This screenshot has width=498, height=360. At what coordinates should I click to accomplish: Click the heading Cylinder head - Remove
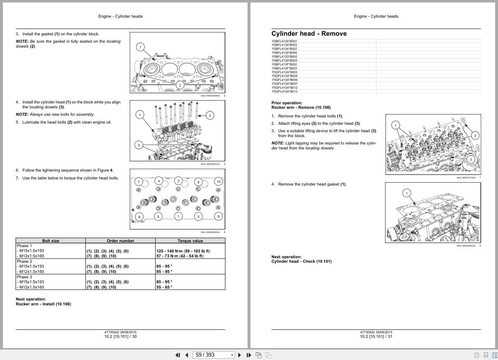tap(309, 34)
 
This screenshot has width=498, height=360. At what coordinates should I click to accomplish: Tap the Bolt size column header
tap(50, 241)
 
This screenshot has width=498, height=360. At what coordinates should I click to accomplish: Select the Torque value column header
tap(190, 241)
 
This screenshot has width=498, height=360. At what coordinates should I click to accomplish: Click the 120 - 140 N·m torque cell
tap(183, 251)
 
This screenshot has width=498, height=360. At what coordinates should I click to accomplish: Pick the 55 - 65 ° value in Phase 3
tap(164, 287)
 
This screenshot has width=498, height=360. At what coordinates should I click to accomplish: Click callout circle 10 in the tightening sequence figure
tap(218, 181)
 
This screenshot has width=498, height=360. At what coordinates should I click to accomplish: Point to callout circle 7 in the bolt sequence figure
tap(139, 181)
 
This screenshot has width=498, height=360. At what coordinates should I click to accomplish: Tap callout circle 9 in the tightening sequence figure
tap(218, 216)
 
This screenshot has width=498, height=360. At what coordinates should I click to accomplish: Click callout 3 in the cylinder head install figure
tap(139, 145)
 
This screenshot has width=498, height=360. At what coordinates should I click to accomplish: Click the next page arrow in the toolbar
tap(240, 355)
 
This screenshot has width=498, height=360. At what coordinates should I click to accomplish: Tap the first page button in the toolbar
tap(178, 355)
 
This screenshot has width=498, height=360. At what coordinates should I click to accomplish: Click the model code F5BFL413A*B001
tap(285, 41)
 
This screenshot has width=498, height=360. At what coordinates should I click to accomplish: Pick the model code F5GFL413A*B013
tap(285, 91)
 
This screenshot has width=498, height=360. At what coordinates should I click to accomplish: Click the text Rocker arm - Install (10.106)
tap(43, 304)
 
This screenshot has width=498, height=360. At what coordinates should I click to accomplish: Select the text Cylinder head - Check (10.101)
tap(301, 261)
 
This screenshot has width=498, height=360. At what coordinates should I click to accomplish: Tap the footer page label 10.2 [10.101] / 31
tap(376, 337)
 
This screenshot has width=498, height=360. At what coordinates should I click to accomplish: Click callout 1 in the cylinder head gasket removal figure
tap(406, 193)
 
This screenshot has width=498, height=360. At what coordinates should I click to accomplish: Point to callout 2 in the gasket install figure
tap(180, 85)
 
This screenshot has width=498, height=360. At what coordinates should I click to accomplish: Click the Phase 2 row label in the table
tap(24, 261)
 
